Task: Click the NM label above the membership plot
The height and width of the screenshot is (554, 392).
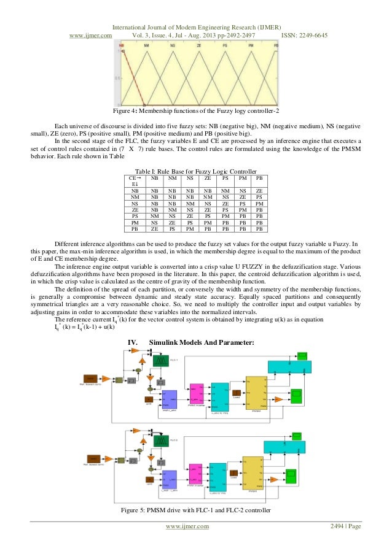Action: pos(146,46)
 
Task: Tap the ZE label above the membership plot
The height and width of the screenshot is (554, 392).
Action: pos(199,46)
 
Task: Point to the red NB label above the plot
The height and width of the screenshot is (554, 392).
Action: pos(122,46)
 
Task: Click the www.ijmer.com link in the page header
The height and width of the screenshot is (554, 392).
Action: pos(90,35)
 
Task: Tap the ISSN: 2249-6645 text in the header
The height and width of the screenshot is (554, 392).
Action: pos(304,35)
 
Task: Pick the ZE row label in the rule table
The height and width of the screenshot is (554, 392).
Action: pos(134,210)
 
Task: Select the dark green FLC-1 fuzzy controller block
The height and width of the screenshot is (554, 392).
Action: pos(160,361)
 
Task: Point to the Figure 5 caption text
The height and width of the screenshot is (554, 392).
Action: pos(195,512)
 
